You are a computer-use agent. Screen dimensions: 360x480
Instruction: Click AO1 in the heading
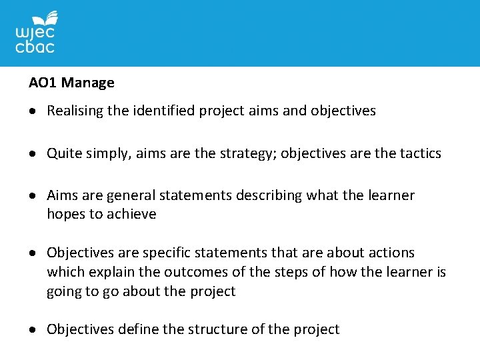tap(43, 83)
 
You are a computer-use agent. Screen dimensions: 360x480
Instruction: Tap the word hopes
tap(65, 215)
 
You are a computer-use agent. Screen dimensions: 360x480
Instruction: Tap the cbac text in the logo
tap(35, 47)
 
